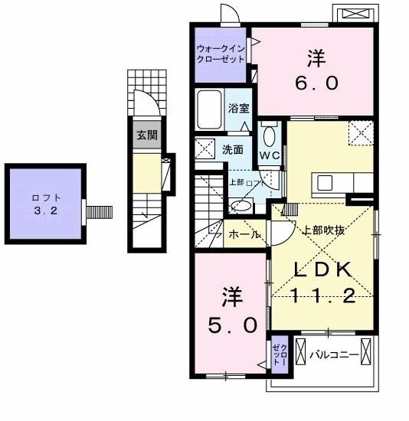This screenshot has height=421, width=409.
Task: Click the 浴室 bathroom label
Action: click(237, 109)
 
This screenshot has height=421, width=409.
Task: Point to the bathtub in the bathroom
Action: click(209, 110)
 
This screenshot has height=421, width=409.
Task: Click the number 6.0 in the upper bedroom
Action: click(313, 82)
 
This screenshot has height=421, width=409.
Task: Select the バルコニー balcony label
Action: click(335, 354)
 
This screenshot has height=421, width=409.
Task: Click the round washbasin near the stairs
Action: click(241, 204)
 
